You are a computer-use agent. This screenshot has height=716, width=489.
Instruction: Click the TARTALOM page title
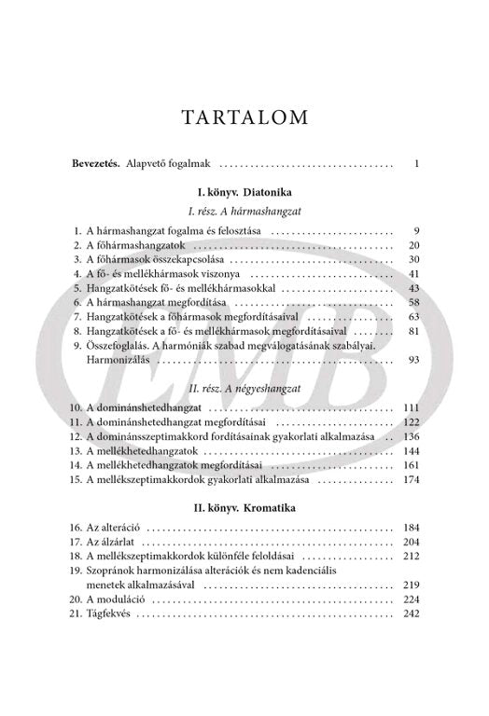[244, 117]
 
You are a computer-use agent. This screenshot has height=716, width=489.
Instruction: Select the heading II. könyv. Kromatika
[244, 510]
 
